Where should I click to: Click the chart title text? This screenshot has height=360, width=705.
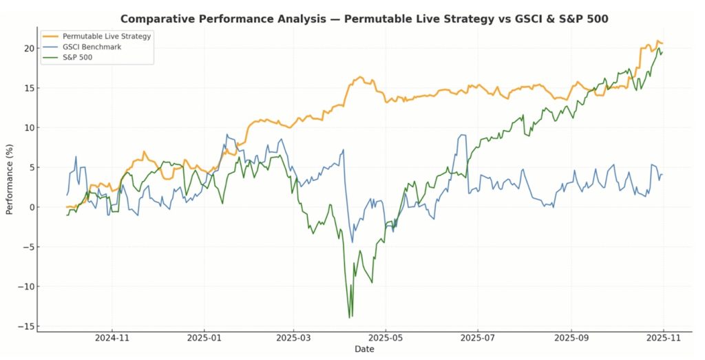point(364,19)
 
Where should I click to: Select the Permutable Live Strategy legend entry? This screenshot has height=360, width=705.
point(106,36)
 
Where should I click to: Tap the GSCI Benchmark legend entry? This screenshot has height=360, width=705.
point(92,47)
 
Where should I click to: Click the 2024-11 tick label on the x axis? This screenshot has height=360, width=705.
point(112,339)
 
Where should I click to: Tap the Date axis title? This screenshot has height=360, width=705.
point(364,350)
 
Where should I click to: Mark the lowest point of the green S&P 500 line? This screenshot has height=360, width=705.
point(350,317)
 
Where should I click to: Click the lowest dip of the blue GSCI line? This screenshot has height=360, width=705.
point(352,242)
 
